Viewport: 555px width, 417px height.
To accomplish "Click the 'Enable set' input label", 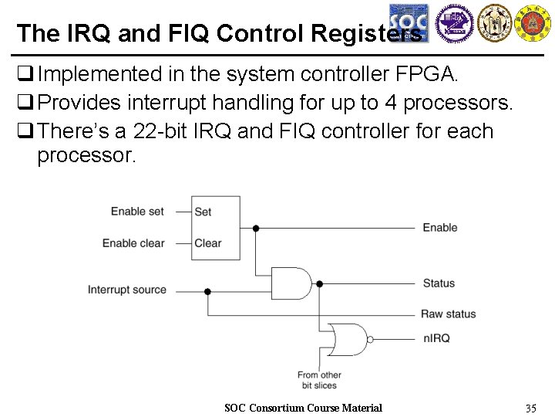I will pos(137,212).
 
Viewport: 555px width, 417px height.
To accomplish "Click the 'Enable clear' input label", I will pos(133,243).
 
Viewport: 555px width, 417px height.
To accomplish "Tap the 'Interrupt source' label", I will pos(127,290).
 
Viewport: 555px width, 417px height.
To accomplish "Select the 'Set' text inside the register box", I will pos(203,212).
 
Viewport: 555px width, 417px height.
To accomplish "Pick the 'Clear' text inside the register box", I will pos(207,243).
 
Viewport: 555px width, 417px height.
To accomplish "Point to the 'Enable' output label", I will pos(439,227).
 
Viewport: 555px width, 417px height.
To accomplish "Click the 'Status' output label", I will pos(439,283).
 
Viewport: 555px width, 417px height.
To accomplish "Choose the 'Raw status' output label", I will pos(448,314).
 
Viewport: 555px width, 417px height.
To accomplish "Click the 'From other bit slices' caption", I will pos(319,380).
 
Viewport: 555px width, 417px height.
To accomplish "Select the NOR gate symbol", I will pos(347,338).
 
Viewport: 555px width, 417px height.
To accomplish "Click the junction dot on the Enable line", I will pos(256,228).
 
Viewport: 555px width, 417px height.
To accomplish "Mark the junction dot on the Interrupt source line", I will pos(207,291).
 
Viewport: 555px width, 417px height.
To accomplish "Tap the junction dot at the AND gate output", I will pos(319,283).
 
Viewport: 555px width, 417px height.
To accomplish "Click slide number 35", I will pos(530,408).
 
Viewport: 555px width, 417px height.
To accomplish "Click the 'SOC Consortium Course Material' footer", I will pos(303,408).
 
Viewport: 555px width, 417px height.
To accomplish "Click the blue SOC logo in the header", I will pos(409,23).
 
